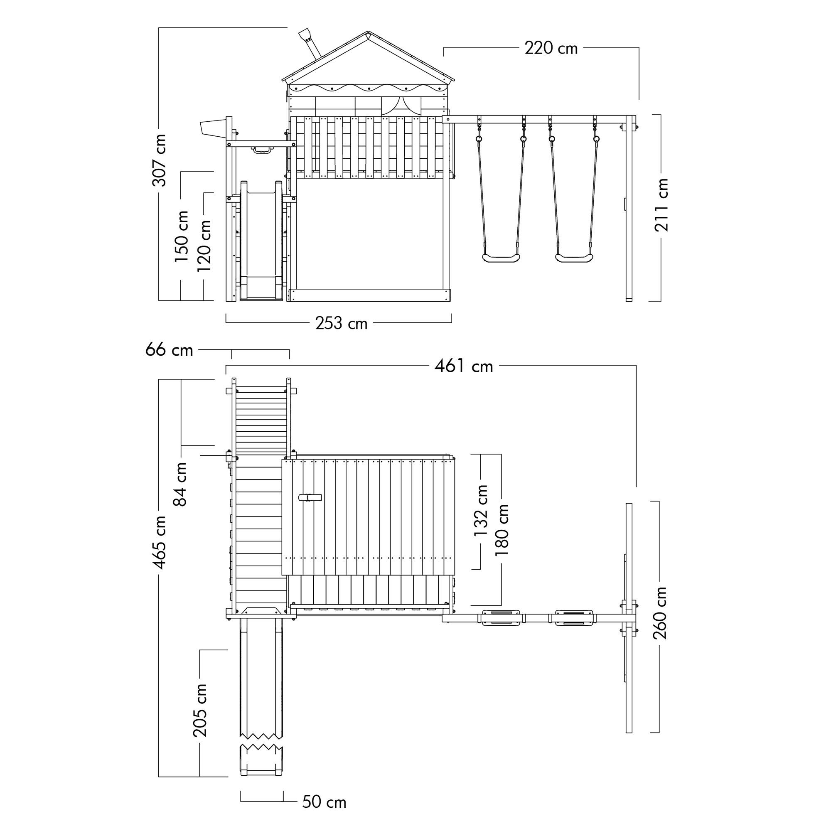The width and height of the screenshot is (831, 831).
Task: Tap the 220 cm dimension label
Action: (551, 48)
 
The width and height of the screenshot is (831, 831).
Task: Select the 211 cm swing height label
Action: (661, 205)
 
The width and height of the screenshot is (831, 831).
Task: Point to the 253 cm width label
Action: (342, 323)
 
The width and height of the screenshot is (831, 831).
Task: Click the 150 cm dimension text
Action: (182, 236)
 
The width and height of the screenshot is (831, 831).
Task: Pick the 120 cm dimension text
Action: (204, 246)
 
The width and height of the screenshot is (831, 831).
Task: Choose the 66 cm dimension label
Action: (169, 350)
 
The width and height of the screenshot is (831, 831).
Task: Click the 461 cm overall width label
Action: (464, 366)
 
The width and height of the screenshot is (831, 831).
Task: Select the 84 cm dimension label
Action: (181, 484)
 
